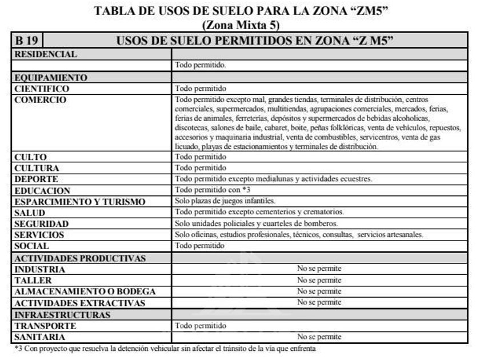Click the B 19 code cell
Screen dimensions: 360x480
[x=27, y=41]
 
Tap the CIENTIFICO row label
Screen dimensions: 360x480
[x=42, y=89]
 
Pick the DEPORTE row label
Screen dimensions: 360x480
[x=36, y=179]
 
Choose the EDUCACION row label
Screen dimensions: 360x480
[x=42, y=191]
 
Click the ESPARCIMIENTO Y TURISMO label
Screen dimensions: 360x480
[x=79, y=202]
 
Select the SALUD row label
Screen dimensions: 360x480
[x=30, y=213]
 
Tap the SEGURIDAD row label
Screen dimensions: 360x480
[x=41, y=224]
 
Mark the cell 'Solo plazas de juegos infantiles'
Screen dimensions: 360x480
[x=225, y=201]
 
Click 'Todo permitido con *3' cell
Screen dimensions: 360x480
[x=213, y=190]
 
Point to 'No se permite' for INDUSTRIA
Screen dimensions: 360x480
[x=319, y=269]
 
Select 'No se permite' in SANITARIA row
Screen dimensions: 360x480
[x=319, y=337]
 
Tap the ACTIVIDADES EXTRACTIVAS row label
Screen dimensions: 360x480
[x=79, y=303]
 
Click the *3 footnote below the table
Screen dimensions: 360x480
[x=165, y=348]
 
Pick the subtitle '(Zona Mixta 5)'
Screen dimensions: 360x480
[x=241, y=25]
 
